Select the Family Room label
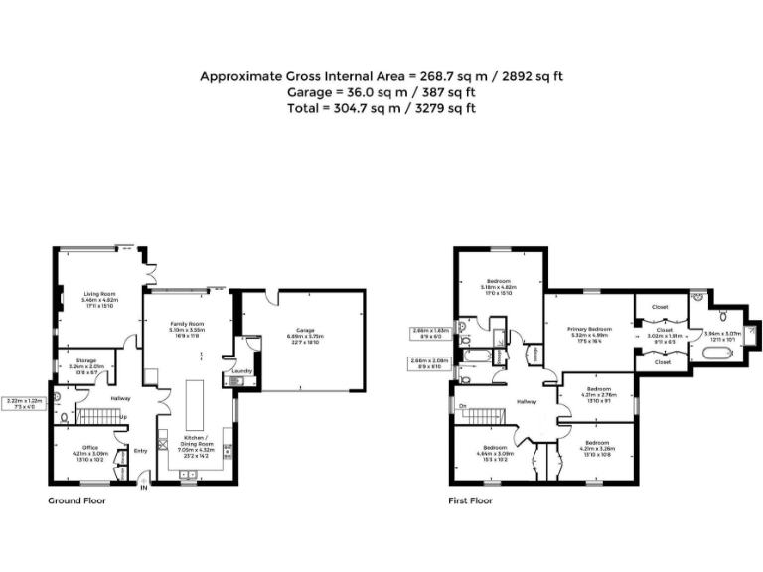(187, 324)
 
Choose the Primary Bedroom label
(589, 329)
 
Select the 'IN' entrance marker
(144, 487)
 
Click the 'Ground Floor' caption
(76, 501)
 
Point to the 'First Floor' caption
(469, 501)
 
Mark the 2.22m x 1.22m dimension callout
(22, 402)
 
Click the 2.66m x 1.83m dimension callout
(428, 332)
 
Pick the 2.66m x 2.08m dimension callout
(428, 362)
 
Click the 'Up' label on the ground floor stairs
(123, 416)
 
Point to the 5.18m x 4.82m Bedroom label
(499, 282)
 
